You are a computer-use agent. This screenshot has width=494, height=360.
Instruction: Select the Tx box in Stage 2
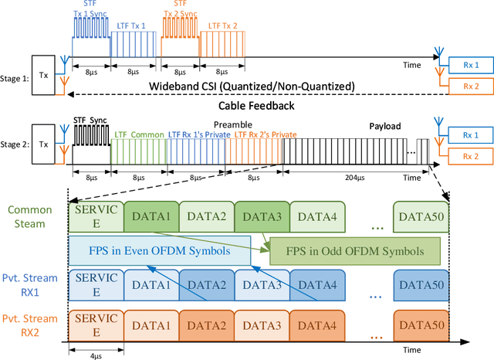(x=42, y=144)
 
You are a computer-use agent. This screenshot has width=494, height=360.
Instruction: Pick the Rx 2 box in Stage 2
(x=465, y=156)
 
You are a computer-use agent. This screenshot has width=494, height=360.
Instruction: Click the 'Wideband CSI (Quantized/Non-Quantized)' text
(x=247, y=85)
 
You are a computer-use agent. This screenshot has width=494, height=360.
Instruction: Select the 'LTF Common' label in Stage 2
(x=139, y=134)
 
